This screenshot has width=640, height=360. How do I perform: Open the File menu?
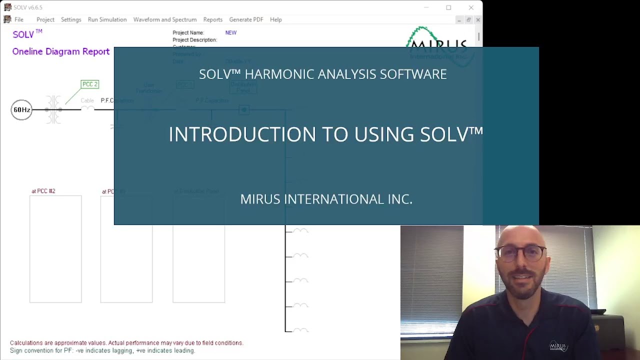coord(18,19)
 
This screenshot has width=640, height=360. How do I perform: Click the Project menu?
coord(45,19)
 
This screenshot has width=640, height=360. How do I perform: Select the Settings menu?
coord(71,19)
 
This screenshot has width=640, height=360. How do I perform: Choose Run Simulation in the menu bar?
coord(107,19)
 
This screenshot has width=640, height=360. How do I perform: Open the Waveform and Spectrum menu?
coord(164,19)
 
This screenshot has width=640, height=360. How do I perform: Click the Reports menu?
coord(212,19)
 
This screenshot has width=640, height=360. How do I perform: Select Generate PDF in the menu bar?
coord(246,19)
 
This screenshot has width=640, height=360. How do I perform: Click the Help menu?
coord(276,19)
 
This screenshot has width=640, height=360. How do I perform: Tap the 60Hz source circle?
coord(21,110)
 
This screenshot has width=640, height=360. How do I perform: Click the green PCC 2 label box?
coord(90,84)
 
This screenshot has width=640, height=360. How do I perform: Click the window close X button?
coord(471,7)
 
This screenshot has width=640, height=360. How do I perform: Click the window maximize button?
coord(448,7)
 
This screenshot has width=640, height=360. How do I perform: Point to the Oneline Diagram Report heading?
coord(60,51)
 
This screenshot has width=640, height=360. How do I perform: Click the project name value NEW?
coord(230,32)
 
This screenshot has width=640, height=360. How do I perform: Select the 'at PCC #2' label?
coord(43,191)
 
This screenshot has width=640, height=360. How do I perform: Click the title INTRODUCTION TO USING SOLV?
coord(325,134)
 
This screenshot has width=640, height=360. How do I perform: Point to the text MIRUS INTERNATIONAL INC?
coord(326,199)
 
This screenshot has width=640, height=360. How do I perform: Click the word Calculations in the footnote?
coord(26,343)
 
